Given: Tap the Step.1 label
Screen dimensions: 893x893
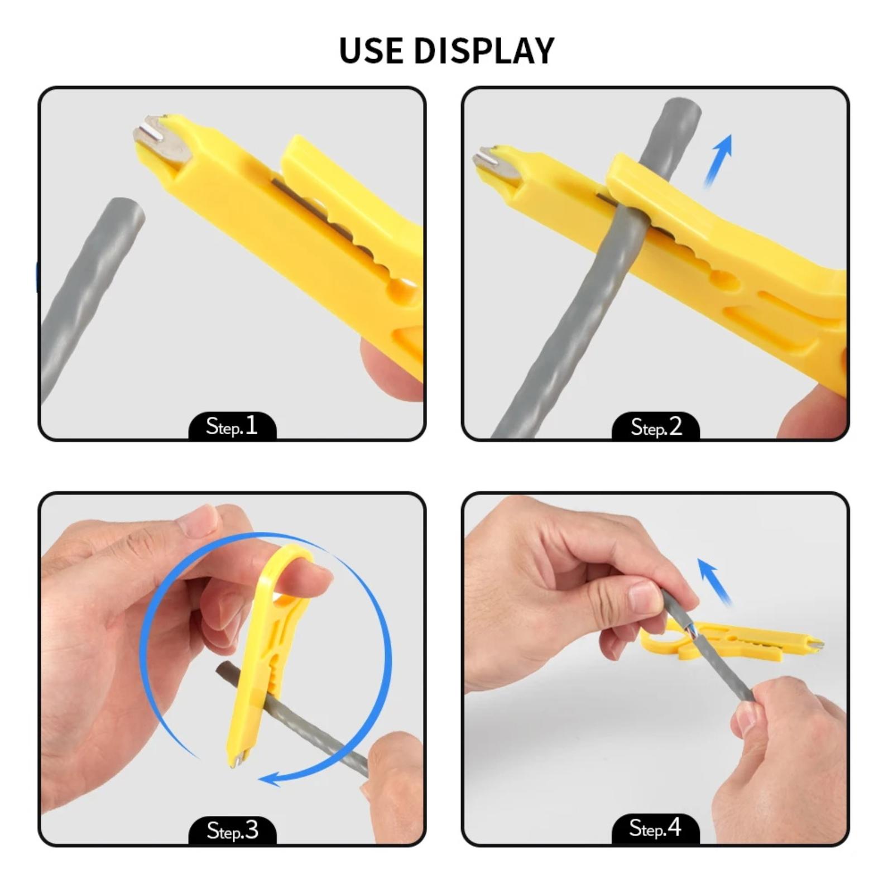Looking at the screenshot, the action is point(232,427).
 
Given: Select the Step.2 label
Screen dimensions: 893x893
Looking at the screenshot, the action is point(656,427).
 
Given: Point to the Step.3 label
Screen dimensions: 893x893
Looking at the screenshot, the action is point(233,830).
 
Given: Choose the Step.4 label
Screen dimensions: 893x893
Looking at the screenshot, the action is point(655,828).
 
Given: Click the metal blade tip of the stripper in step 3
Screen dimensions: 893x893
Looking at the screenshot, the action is point(237,760).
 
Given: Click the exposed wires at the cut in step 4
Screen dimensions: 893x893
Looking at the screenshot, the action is point(690,631).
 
